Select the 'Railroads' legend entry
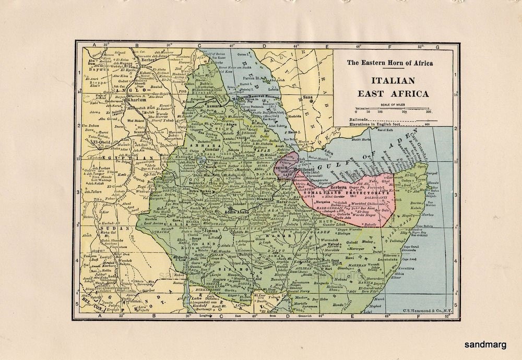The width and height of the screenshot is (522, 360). coord(361,119)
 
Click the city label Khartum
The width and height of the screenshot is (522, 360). coord(127,100)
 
